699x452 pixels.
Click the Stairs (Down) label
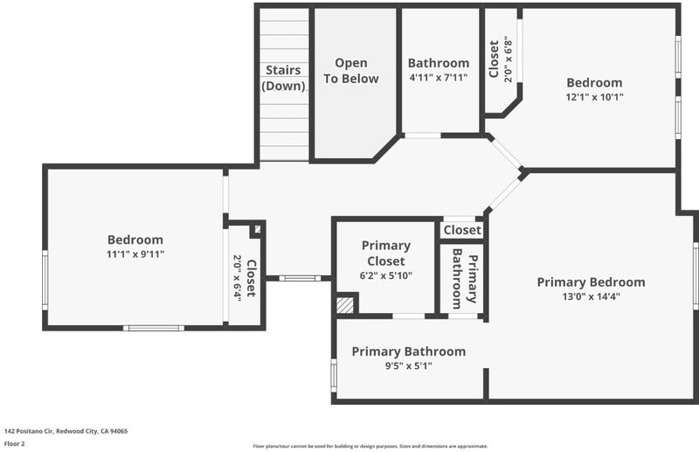click(283, 78)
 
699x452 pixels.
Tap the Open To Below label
click(351, 71)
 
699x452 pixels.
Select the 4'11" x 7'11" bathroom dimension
click(439, 78)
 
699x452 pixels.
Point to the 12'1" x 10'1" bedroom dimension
click(595, 97)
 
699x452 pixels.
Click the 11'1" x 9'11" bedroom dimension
click(135, 254)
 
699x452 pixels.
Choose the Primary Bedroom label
click(592, 282)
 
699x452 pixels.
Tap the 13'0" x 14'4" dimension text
click(592, 296)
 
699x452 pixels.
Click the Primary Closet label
click(386, 253)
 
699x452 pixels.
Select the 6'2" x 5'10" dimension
click(386, 275)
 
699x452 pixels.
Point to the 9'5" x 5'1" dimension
click(409, 366)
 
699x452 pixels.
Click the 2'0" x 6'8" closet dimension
click(509, 59)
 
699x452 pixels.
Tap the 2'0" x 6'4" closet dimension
click(237, 278)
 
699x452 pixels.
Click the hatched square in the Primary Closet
click(345, 306)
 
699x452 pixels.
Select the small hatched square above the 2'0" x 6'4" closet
click(258, 229)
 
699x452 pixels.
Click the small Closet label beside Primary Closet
click(462, 230)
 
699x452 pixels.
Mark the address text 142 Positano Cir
click(29, 431)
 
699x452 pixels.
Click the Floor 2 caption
click(15, 443)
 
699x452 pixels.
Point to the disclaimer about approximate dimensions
click(370, 446)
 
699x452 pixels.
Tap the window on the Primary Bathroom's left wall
click(334, 376)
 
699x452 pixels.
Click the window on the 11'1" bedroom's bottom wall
click(154, 329)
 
